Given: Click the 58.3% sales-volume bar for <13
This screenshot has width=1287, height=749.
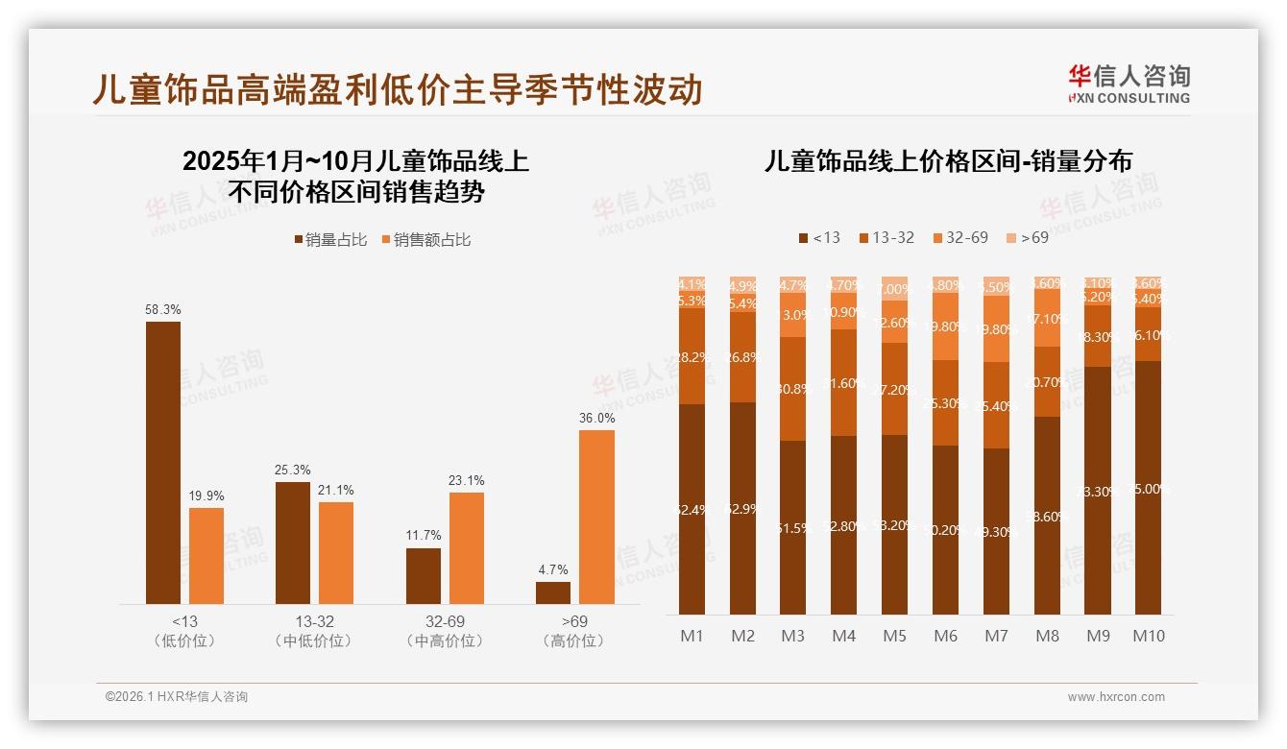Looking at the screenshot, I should coord(163,462).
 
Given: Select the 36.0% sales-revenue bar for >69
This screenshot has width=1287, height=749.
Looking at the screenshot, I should coord(596,517).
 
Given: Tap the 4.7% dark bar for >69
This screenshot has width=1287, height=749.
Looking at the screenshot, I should coord(553,592).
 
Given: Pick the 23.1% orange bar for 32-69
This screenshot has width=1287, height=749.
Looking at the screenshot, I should coord(467,548).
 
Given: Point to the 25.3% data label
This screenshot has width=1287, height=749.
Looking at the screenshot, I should coord(293,470).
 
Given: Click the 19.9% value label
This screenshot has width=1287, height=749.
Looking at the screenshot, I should coord(206,495).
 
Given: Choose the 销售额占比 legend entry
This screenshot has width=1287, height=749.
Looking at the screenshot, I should coord(426,240).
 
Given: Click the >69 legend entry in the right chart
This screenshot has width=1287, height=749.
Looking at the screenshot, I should coord(1027,237).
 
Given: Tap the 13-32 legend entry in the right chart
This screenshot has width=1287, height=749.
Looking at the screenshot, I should coord(886,237).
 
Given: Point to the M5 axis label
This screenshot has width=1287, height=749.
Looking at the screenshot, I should coord(894,636).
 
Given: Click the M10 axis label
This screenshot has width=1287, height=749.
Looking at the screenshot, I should coord(1148,636).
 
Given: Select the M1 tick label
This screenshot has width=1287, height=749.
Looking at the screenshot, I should coord(692,636).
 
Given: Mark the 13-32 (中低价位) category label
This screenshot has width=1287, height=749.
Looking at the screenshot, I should coord(316,631).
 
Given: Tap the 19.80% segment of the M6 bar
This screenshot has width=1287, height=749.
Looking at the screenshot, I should coord(945,326).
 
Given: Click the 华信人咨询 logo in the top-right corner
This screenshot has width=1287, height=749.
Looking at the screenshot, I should coord(1129,84).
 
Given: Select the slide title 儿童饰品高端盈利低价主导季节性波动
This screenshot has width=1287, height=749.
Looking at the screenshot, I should coord(398,89).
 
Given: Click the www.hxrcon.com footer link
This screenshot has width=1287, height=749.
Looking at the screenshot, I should coord(1116,697).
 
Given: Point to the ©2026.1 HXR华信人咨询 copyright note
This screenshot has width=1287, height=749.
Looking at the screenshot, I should coord(177,697).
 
